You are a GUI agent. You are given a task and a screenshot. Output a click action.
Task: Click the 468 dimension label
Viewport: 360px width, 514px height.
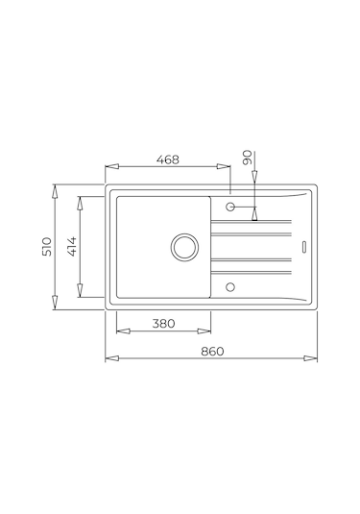(168, 159)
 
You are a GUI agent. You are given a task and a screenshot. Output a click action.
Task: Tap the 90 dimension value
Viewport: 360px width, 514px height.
(248, 158)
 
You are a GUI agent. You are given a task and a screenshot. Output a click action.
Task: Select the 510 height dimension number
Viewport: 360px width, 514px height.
(47, 247)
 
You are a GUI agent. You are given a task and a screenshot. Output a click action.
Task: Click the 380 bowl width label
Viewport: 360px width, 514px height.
(163, 324)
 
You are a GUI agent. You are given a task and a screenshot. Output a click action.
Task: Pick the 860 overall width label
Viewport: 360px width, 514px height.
(212, 351)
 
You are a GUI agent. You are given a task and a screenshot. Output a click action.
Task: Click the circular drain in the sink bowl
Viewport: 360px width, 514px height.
(184, 247)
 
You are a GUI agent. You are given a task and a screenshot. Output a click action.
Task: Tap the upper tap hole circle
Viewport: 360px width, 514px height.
(230, 207)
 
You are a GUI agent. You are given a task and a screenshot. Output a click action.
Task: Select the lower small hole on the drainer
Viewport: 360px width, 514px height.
(230, 287)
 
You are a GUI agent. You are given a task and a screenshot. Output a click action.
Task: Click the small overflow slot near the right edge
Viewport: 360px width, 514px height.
(304, 247)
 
